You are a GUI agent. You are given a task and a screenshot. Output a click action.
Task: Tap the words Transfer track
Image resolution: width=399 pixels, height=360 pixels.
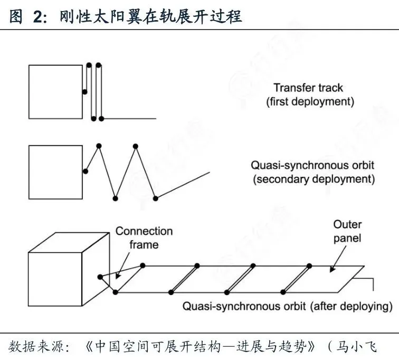pyautogui.click(x=308, y=88)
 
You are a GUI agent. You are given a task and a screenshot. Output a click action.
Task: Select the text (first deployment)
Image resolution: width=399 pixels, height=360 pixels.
pyautogui.click(x=309, y=101)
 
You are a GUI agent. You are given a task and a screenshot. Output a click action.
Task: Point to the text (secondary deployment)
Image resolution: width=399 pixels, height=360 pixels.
pyautogui.click(x=313, y=179)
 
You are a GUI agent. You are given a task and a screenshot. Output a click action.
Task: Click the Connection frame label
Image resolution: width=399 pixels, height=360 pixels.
pyautogui.click(x=144, y=238)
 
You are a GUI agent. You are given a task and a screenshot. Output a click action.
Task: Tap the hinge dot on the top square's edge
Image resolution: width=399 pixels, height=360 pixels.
pyautogui.click(x=84, y=92)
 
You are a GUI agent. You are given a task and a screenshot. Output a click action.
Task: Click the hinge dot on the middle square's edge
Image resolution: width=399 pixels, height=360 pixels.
pyautogui.click(x=84, y=170)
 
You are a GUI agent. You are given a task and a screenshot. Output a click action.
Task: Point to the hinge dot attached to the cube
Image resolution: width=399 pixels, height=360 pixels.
pyautogui.click(x=99, y=277)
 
